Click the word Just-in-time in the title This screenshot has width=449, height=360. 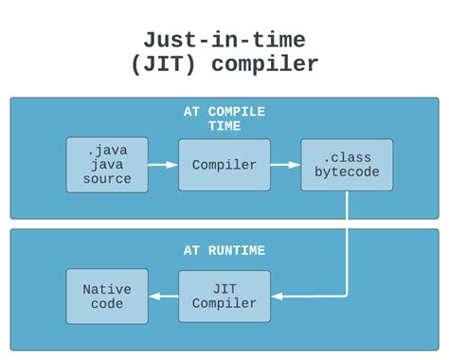[x=224, y=40]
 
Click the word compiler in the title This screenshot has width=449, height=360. [x=266, y=64]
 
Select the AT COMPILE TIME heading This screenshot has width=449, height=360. [x=224, y=118]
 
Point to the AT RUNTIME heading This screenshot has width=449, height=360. [x=224, y=251]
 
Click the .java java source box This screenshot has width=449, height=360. [x=107, y=165]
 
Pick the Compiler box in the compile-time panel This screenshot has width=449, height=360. [x=224, y=165]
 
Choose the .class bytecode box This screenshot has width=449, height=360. [x=346, y=165]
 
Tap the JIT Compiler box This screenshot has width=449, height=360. [x=224, y=296]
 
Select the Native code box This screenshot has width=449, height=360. [x=107, y=296]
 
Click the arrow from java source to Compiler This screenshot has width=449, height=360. [x=163, y=165]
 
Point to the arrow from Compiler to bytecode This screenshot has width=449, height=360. [x=285, y=165]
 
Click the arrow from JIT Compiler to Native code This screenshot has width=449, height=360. [x=163, y=296]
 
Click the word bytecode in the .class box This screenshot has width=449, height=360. [x=346, y=172]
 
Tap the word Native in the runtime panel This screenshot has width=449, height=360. [x=107, y=289]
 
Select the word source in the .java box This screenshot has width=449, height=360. [x=107, y=179]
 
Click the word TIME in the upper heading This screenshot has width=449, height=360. [x=224, y=126]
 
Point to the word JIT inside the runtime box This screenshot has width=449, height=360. [x=224, y=289]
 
